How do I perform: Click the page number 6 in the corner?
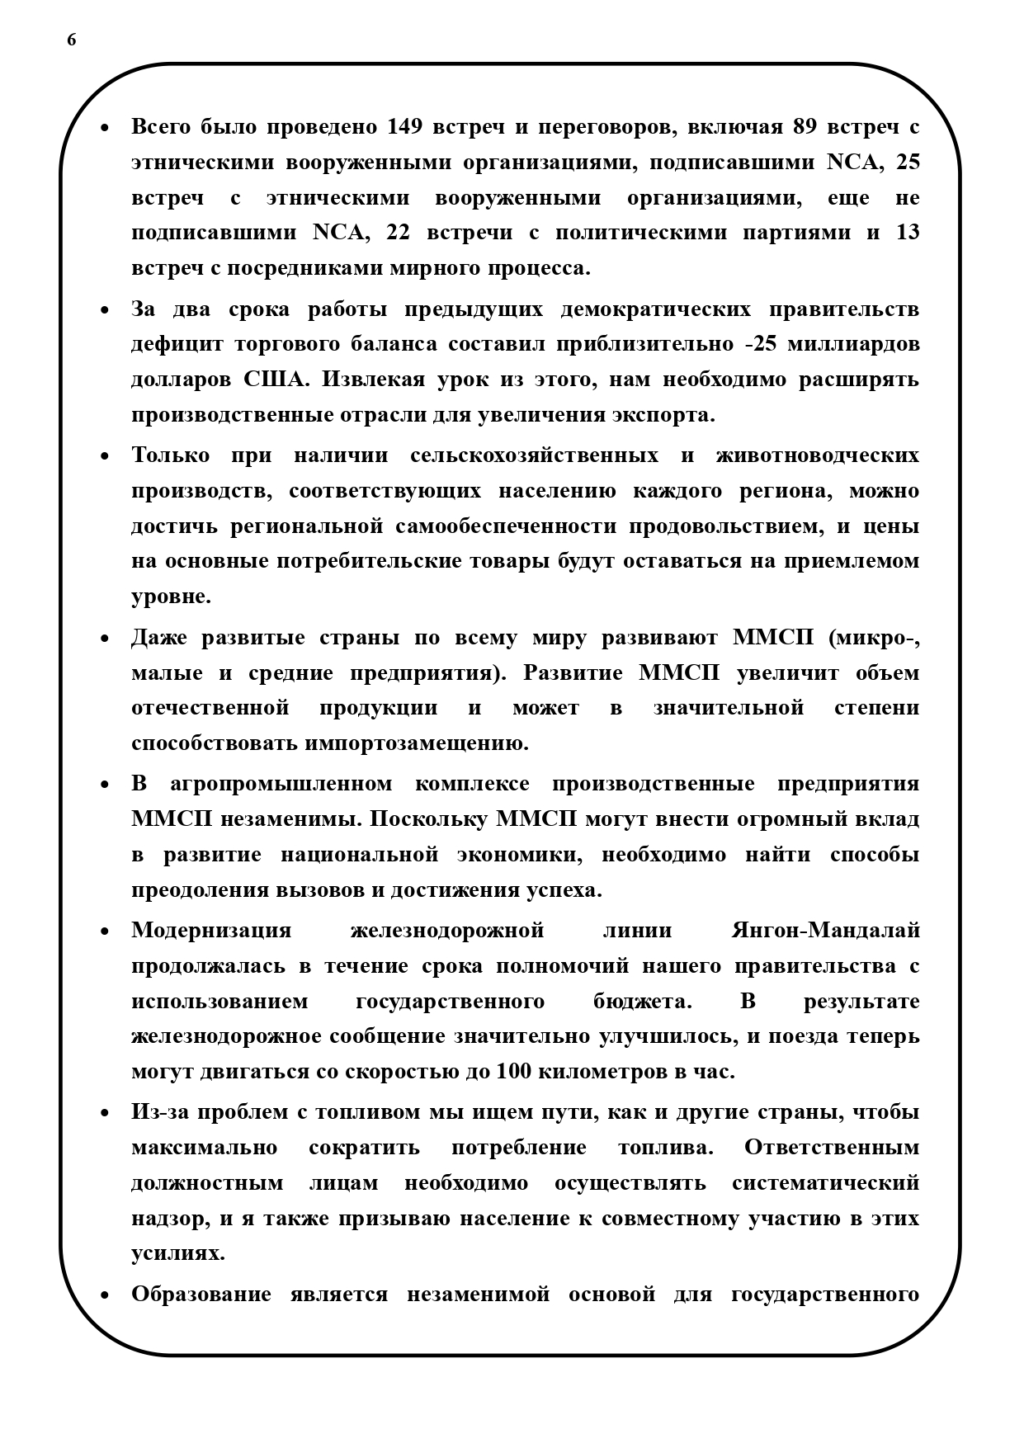pyautogui.click(x=72, y=40)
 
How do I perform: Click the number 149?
pyautogui.click(x=404, y=127)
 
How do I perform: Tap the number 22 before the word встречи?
pyautogui.click(x=398, y=233)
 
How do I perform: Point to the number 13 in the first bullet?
pyautogui.click(x=907, y=233)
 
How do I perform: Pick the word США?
pyautogui.click(x=275, y=380)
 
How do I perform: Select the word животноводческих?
pyautogui.click(x=817, y=456)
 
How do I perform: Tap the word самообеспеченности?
pyautogui.click(x=507, y=526)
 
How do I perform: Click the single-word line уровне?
pyautogui.click(x=171, y=597)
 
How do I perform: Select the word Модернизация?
pyautogui.click(x=211, y=931)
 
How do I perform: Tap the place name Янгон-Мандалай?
pyautogui.click(x=825, y=931)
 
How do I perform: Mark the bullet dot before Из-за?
pyautogui.click(x=105, y=1114)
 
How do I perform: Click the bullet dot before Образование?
pyautogui.click(x=105, y=1295)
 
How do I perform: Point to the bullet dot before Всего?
pyautogui.click(x=105, y=129)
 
